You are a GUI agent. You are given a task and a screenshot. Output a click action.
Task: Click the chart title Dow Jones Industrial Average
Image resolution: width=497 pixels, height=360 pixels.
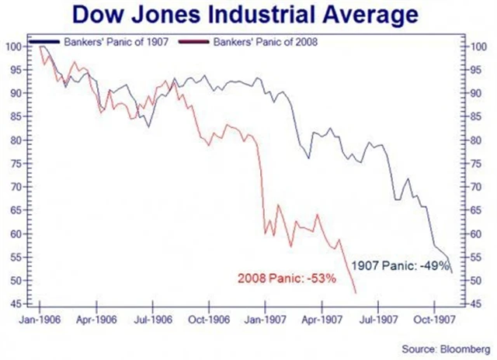point(248,15)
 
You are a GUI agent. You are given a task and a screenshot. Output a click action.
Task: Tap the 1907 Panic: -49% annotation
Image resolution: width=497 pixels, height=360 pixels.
point(400,265)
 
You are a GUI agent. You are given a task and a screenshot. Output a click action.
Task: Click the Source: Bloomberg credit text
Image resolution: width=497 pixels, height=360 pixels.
point(447,348)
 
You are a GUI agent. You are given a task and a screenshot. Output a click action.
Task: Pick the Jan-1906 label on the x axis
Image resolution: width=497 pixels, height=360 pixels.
point(39,318)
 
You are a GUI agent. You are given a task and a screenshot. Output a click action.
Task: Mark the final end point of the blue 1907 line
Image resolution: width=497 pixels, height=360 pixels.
point(452,272)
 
